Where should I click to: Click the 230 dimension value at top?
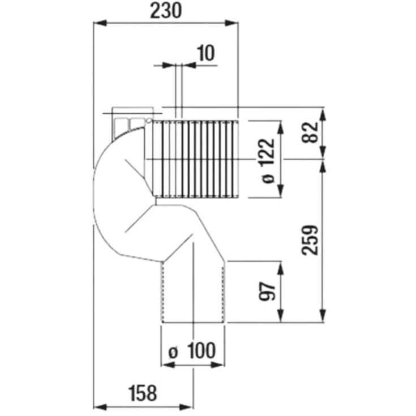coord(166,11)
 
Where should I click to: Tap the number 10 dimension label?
coord(206,53)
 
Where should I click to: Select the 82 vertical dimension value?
coord(310,134)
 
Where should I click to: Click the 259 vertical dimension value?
coord(310,240)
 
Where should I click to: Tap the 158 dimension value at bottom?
coord(143,393)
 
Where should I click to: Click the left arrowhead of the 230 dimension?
coord(100,23)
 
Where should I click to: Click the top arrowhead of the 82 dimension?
coord(323,113)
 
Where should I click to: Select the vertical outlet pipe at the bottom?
coord(194,291)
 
